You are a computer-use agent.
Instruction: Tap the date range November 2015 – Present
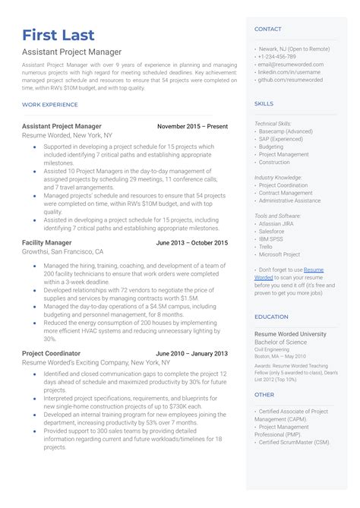[192, 125]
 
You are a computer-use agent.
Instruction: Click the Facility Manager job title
[48, 242]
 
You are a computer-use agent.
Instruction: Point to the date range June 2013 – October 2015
[191, 242]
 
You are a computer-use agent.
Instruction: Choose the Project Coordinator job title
[51, 353]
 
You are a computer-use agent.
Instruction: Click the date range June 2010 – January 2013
[191, 353]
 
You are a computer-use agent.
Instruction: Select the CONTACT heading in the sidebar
[267, 29]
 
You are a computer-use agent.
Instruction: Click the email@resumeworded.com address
[291, 65]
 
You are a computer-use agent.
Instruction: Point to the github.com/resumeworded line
[290, 80]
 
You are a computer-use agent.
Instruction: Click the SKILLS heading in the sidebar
[264, 103]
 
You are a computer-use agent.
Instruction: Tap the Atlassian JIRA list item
[279, 224]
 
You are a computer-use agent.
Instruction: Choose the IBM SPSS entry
[273, 239]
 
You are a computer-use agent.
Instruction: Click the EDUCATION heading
[271, 317]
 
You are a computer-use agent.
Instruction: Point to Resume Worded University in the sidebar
[290, 334]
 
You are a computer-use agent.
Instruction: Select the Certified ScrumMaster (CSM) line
[294, 441]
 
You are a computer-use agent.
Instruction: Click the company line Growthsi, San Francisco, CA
[62, 251]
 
